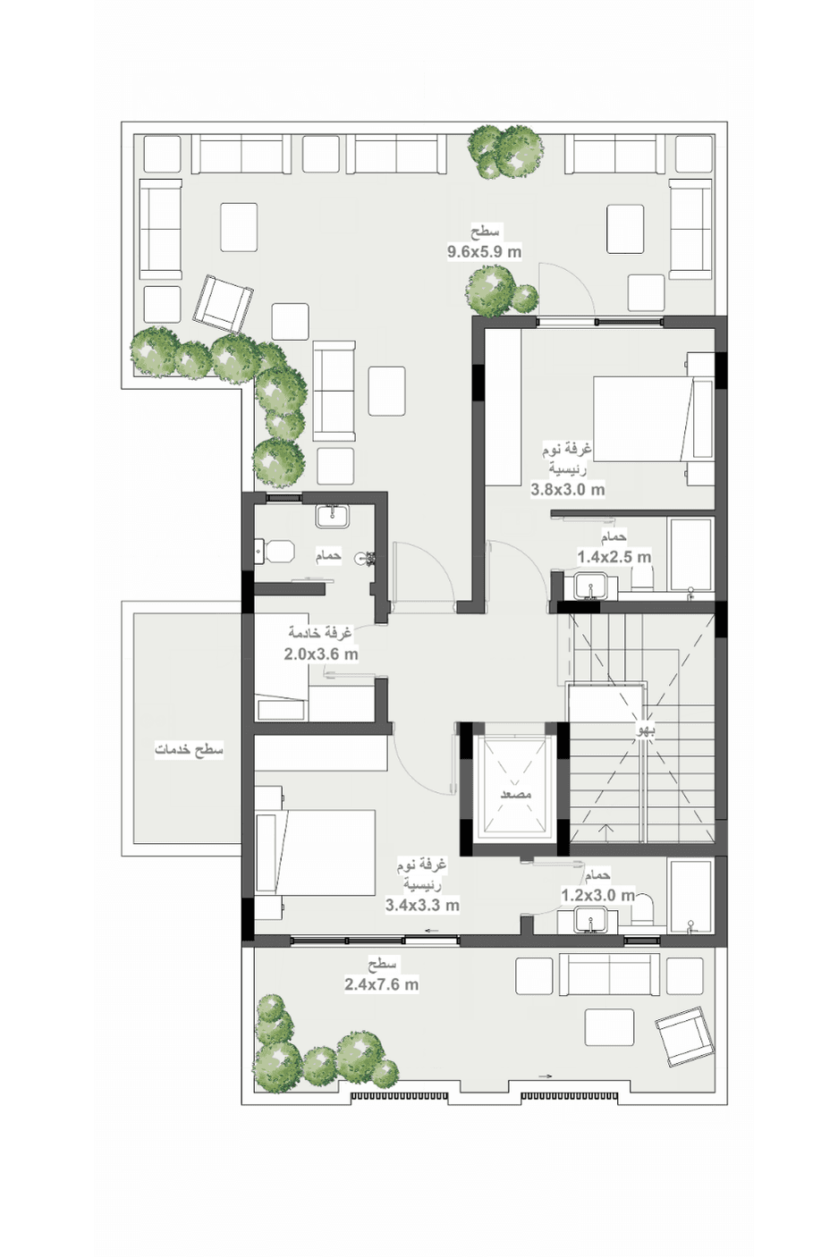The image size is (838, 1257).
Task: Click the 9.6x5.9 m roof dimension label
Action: coord(484,252)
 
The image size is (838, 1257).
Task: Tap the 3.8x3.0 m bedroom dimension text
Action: coord(567,489)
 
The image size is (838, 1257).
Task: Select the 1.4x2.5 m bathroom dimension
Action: coord(614,557)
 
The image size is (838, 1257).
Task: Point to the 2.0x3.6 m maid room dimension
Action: coord(321,654)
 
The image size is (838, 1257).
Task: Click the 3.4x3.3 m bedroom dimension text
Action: coord(422,905)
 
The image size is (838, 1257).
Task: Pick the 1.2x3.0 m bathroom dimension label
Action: coord(598,895)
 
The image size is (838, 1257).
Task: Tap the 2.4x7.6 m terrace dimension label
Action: coord(382,984)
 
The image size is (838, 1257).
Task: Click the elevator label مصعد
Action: coord(516,795)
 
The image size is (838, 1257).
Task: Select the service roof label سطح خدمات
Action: coord(189,750)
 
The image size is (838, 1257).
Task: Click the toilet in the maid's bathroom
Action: coord(275,552)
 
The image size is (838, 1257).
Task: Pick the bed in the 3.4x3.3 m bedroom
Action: coord(316,852)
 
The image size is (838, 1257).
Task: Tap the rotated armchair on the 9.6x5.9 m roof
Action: coord(223,303)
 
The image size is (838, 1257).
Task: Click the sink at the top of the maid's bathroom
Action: coord(333,516)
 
